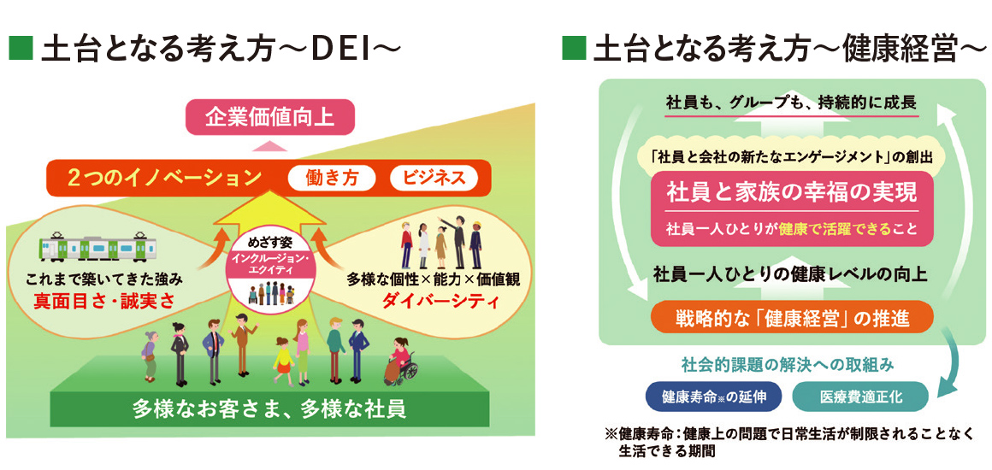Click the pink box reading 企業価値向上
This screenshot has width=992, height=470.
pyautogui.click(x=270, y=115)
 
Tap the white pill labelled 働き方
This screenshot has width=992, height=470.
pyautogui.click(x=332, y=178)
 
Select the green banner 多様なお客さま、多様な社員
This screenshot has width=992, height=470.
pyautogui.click(x=269, y=408)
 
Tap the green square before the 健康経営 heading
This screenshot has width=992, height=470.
pyautogui.click(x=571, y=49)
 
